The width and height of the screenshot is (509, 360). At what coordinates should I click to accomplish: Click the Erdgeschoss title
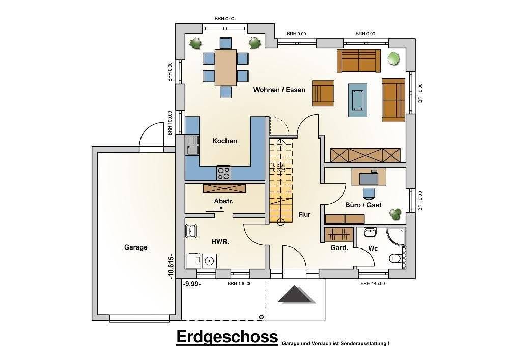click(x=227, y=337)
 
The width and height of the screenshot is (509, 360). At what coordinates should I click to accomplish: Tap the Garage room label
click(x=135, y=247)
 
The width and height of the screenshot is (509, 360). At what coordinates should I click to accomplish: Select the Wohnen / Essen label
click(x=279, y=90)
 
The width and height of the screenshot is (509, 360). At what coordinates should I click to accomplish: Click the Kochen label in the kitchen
click(x=224, y=141)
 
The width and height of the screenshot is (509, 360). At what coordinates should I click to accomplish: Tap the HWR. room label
click(x=220, y=242)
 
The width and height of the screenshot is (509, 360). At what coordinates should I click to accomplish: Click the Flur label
click(x=304, y=215)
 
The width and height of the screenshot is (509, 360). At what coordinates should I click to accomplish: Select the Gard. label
click(x=340, y=248)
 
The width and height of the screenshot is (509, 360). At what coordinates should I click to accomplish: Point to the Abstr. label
click(x=223, y=201)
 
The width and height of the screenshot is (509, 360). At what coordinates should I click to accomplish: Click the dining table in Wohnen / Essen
click(x=225, y=67)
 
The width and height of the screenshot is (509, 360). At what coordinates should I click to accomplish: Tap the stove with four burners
click(x=224, y=173)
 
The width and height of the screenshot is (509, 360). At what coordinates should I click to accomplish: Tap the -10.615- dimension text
click(x=171, y=266)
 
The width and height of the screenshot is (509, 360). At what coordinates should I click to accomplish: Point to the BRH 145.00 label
click(x=372, y=284)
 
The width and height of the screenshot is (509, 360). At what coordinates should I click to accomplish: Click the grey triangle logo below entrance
click(x=294, y=295)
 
